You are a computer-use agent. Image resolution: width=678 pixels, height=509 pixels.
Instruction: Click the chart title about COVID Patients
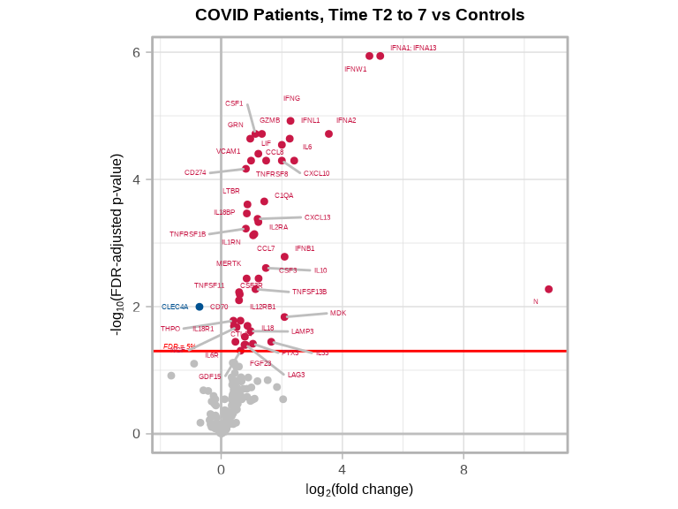pyautogui.click(x=359, y=15)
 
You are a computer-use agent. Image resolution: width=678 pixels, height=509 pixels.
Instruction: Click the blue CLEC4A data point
pyautogui.click(x=200, y=307)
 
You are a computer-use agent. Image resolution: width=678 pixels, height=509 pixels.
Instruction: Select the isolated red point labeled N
pyautogui.click(x=548, y=289)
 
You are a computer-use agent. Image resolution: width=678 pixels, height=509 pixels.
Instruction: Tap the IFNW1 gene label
pyautogui.click(x=356, y=69)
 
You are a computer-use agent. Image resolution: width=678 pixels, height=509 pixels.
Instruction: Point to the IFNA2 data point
pyautogui.click(x=328, y=134)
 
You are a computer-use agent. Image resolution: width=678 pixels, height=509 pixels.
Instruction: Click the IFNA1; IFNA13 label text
pyautogui.click(x=413, y=48)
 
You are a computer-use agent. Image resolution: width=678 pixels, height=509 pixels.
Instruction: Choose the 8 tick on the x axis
pyautogui.click(x=463, y=470)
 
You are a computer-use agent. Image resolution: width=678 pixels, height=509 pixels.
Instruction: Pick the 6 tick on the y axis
pyautogui.click(x=137, y=52)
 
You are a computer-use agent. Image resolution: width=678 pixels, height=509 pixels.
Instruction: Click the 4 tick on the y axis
pyautogui.click(x=137, y=179)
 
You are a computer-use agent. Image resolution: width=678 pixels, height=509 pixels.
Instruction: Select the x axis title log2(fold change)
pyautogui.click(x=359, y=489)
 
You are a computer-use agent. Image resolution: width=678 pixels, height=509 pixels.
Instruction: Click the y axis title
pyautogui.click(x=117, y=244)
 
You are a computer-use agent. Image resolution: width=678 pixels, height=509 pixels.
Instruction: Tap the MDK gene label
pyautogui.click(x=338, y=313)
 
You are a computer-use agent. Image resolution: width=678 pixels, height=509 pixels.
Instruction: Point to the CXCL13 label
pyautogui.click(x=317, y=217)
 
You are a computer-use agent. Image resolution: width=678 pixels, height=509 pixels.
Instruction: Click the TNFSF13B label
pyautogui.click(x=309, y=292)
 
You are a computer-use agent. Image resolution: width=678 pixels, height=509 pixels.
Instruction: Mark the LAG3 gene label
pyautogui.click(x=296, y=375)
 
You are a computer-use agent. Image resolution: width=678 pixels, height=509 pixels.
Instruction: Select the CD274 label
pyautogui.click(x=195, y=172)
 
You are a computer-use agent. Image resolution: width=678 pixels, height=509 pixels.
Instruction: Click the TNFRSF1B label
pyautogui.click(x=187, y=234)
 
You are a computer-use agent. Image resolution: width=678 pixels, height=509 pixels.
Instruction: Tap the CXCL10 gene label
pyautogui.click(x=316, y=173)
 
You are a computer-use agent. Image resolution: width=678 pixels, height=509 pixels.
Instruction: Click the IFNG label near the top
pyautogui.click(x=291, y=98)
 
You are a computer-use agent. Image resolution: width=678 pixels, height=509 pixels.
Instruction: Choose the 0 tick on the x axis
pyautogui.click(x=221, y=470)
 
